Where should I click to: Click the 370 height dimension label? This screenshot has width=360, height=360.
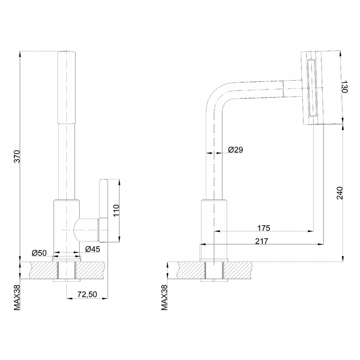[17, 156]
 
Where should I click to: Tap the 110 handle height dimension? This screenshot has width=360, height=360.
[116, 210]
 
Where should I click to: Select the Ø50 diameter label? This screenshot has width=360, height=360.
[39, 253]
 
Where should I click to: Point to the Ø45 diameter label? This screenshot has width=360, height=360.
[93, 249]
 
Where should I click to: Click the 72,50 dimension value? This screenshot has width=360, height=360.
[87, 294]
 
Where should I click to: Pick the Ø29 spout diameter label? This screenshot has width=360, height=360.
[236, 150]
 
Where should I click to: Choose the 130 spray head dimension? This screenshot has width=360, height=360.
[345, 86]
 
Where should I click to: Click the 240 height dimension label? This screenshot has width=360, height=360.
[339, 193]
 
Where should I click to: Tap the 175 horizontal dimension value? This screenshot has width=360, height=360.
[263, 228]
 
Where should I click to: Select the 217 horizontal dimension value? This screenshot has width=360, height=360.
[261, 241]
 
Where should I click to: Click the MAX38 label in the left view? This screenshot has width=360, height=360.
[17, 298]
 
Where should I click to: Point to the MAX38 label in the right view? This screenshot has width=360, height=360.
[165, 298]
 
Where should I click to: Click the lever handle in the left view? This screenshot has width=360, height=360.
[103, 210]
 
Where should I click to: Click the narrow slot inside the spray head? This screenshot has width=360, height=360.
[312, 88]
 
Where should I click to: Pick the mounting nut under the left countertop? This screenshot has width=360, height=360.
[66, 280]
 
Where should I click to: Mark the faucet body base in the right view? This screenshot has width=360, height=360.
[214, 229]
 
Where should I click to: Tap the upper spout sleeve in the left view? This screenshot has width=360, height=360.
[66, 87]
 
